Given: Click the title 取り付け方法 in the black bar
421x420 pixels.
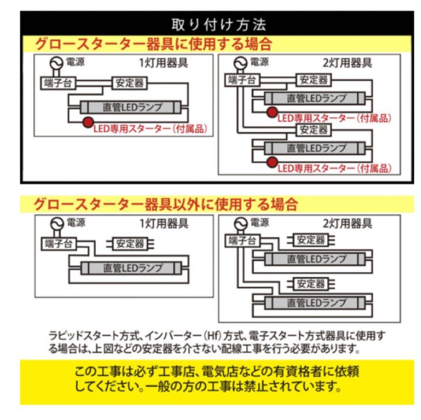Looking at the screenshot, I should pos(219,25).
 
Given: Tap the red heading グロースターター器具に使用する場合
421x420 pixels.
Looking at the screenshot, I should pos(153,44).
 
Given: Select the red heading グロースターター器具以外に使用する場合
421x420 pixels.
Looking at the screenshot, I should pos(166,204).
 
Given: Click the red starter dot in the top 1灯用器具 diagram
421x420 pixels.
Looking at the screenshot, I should pos(88,123).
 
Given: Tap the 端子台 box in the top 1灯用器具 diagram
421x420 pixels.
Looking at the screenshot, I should pos(58,83).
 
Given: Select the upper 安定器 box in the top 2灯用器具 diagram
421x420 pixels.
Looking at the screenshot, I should pos(313,80).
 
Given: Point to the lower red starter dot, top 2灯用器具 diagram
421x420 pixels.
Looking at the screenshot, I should pos(272,162).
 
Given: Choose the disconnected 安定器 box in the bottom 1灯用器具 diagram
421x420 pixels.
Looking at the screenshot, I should pos(130,244).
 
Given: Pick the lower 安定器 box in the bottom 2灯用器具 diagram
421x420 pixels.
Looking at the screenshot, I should pos(311,283).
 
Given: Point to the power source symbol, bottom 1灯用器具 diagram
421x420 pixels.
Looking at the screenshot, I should pos(57,224).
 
